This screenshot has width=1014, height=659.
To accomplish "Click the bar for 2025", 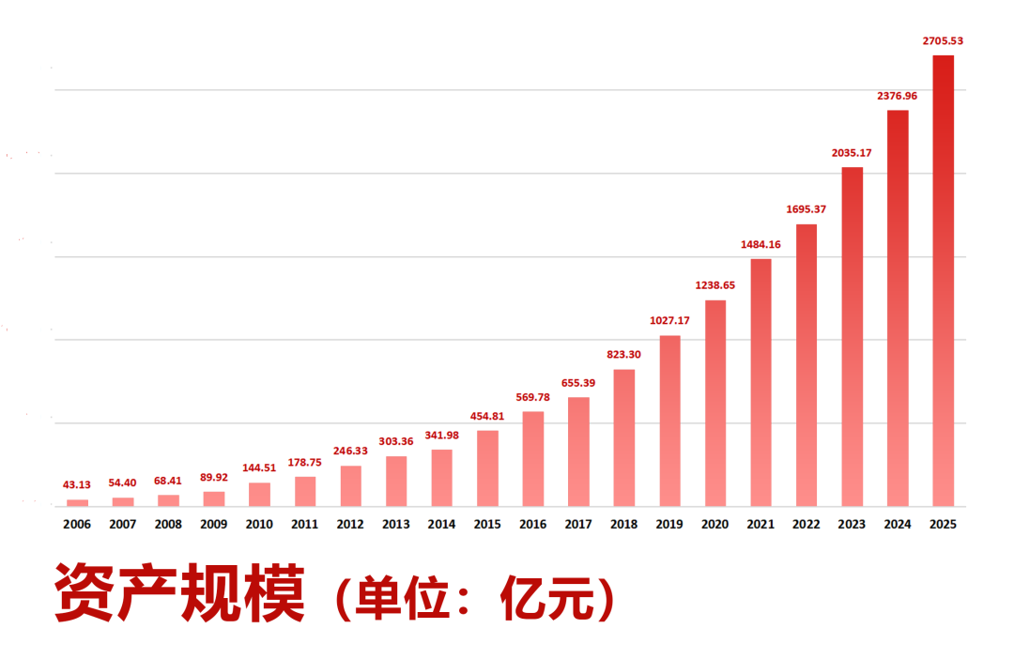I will click(x=943, y=281).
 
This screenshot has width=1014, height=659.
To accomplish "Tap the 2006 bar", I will click(x=77, y=503).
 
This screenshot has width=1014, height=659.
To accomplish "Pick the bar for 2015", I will click(x=487, y=468).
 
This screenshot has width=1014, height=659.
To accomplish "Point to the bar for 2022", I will click(x=807, y=365).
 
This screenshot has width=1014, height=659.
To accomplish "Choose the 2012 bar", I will click(x=350, y=486).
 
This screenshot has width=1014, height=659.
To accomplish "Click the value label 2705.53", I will click(x=943, y=40).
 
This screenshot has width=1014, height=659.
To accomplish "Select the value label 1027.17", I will click(x=669, y=321).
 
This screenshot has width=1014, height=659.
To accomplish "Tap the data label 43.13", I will click(x=77, y=484).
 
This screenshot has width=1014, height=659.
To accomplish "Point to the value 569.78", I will click(x=532, y=397).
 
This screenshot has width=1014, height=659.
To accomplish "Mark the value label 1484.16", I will click(x=760, y=244).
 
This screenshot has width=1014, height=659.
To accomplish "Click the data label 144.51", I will click(x=259, y=467).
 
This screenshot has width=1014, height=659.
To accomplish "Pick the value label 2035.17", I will click(x=852, y=152).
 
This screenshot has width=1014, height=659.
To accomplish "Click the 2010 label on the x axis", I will click(x=259, y=525).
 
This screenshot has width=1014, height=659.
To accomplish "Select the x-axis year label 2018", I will click(x=623, y=525).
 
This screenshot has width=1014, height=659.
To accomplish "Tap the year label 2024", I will click(x=898, y=525).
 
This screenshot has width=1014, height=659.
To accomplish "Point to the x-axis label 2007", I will click(x=122, y=525).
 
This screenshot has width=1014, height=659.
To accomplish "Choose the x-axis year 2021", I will click(x=760, y=525).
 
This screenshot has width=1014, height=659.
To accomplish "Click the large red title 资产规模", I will click(x=179, y=594).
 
